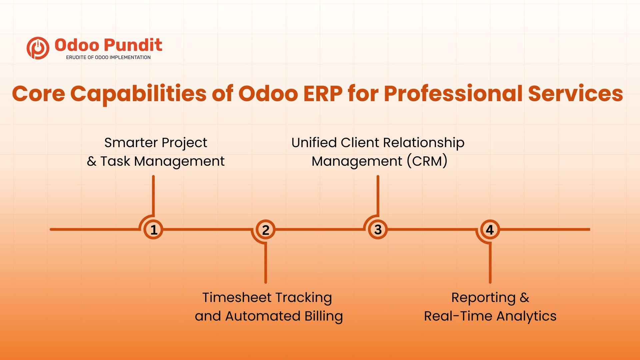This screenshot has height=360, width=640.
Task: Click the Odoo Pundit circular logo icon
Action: (x=38, y=48)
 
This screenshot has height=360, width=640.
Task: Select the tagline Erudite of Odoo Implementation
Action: (x=108, y=57)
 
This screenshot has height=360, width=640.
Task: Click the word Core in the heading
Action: (x=39, y=94)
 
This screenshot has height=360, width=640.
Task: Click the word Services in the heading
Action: (x=576, y=94)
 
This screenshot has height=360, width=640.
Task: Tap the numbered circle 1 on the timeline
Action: (x=153, y=229)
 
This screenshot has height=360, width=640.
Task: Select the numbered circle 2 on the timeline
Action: (x=265, y=229)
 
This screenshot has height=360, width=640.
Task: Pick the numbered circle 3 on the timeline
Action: (x=378, y=229)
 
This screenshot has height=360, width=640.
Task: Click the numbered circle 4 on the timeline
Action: (x=490, y=229)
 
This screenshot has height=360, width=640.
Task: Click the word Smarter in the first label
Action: (x=131, y=143)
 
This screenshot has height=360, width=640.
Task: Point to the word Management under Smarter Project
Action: (x=179, y=162)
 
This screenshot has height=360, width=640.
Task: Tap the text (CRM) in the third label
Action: (x=427, y=161)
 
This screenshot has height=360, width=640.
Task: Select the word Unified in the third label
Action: (x=314, y=143)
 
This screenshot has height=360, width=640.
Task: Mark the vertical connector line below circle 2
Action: (x=266, y=263)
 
